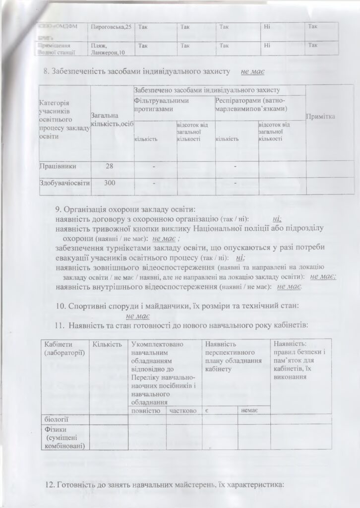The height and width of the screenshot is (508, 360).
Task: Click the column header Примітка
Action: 321,116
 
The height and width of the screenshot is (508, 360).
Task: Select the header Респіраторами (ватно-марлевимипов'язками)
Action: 249,104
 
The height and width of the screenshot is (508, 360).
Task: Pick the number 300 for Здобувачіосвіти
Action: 110,183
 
